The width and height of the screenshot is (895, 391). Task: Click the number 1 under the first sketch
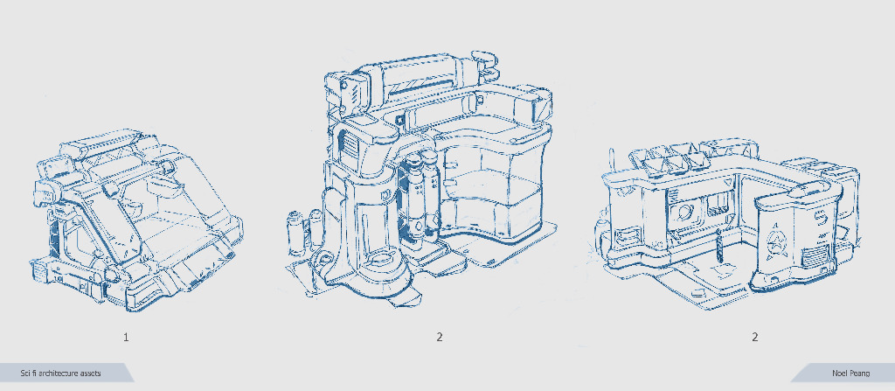tap(126, 338)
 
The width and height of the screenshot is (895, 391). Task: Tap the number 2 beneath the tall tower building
tap(440, 338)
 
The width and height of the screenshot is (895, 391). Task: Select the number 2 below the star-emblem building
tap(754, 338)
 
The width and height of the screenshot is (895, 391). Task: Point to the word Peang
tap(860, 374)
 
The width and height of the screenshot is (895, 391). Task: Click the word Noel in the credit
tap(840, 374)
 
